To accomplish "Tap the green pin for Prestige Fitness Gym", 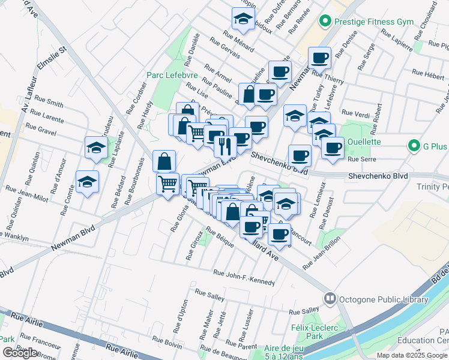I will [x=326, y=22].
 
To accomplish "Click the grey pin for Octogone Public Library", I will [x=330, y=298].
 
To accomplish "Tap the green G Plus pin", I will [x=413, y=145].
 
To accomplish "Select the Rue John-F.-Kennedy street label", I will [x=245, y=278].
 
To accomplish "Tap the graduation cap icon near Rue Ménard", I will [x=243, y=20].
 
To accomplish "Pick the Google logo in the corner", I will [x=20, y=353].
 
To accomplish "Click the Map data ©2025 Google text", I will [x=412, y=355].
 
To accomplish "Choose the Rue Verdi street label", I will [x=355, y=112].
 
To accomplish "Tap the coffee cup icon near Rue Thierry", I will [x=320, y=58].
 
